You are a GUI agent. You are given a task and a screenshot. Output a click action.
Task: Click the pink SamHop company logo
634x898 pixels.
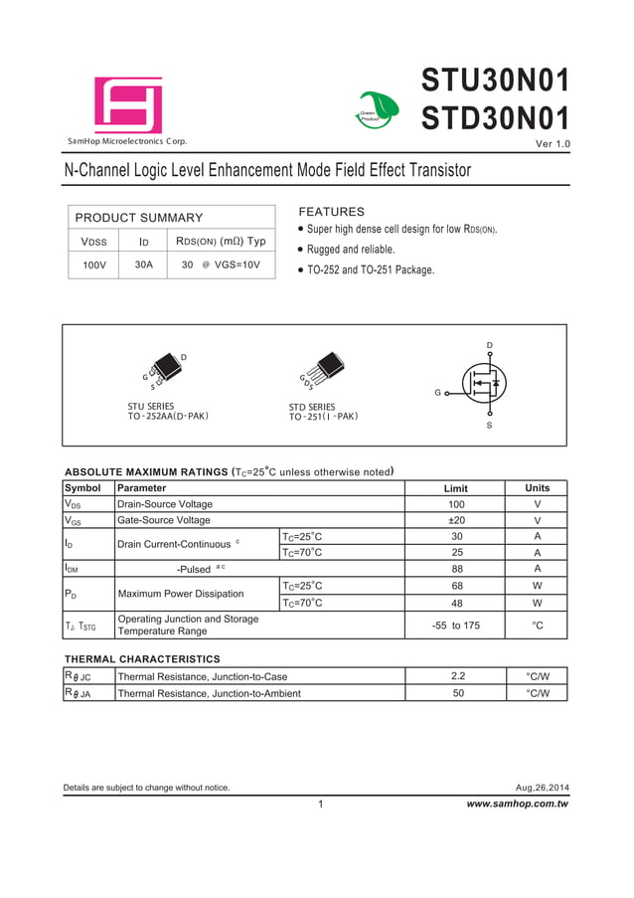coord(128,105)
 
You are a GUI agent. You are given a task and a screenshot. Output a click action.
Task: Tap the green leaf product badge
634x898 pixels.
coord(378,109)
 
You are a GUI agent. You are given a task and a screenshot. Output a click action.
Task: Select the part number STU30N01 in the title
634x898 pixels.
coord(495,80)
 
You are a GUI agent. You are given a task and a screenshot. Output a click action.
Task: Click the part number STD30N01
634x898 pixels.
coord(495,118)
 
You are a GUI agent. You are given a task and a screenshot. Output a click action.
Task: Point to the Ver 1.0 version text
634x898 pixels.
coord(553,146)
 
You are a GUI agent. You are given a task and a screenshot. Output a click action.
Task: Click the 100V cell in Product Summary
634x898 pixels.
coord(93,266)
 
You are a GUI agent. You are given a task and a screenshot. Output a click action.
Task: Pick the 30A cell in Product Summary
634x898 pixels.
coord(144,266)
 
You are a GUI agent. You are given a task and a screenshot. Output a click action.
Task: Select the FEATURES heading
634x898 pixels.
coord(332,212)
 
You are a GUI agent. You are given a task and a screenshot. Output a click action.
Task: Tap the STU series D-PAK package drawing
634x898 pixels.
coord(163,371)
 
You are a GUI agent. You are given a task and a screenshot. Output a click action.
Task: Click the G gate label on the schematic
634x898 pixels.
coord(437,393)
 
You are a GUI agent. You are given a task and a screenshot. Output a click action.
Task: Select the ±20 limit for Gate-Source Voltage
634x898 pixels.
coord(457,520)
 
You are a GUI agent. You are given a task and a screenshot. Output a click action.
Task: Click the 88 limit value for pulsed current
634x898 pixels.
coord(457,569)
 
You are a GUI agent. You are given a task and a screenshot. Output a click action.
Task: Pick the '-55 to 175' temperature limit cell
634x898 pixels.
coord(456,626)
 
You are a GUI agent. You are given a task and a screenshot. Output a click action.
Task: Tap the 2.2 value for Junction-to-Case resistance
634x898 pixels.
coord(457,676)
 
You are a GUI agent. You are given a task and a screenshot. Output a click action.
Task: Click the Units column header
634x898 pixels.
coord(537,488)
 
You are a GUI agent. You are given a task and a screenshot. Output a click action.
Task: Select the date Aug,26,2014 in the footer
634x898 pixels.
coord(543,788)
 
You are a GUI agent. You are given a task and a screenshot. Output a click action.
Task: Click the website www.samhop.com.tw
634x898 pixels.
coord(517,804)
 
